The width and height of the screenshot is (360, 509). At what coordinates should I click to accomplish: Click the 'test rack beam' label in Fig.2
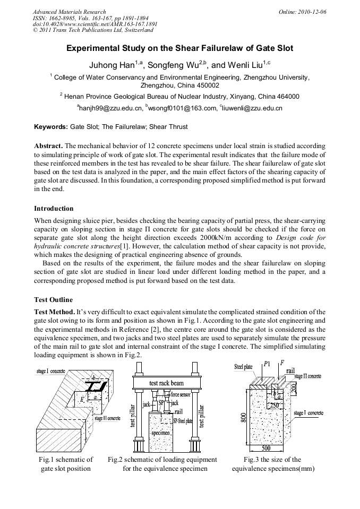pos(166,383)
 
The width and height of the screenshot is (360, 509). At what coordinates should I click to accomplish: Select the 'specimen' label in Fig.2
pos(160,433)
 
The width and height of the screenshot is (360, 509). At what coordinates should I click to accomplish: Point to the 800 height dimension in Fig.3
pos(243,418)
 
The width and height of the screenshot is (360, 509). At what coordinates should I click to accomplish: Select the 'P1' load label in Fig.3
pos(267,365)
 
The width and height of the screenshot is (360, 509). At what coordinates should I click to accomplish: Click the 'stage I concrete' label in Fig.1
pos(52,369)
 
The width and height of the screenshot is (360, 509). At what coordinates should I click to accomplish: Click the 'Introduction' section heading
pos(54,208)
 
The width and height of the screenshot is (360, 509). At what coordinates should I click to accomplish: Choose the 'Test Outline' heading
pos(53,299)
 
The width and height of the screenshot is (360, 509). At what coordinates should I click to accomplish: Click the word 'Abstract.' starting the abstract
pos(48,145)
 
